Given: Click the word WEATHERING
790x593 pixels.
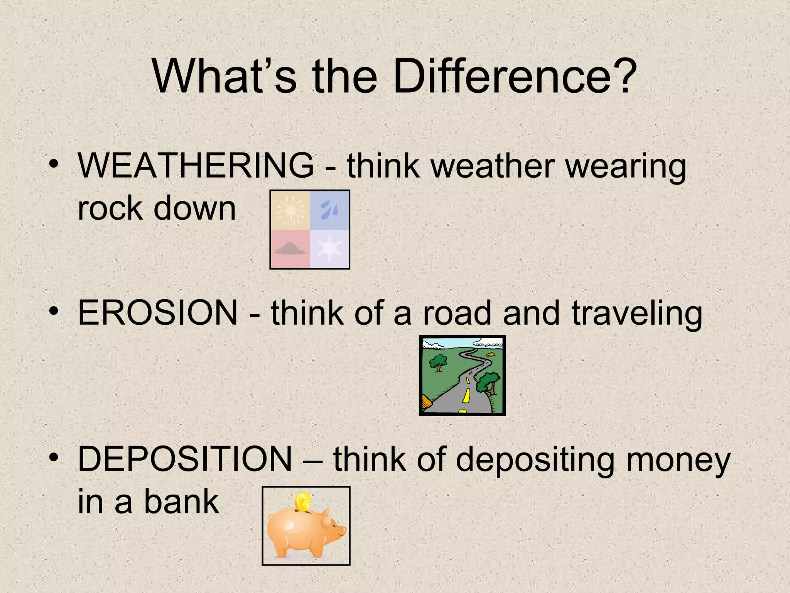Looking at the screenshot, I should (196, 166).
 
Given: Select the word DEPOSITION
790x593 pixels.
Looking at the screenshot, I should (185, 459).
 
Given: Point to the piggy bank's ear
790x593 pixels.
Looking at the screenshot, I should (326, 522).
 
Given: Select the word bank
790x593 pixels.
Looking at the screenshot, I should (181, 502).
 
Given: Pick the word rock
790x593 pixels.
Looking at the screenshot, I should (110, 209).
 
